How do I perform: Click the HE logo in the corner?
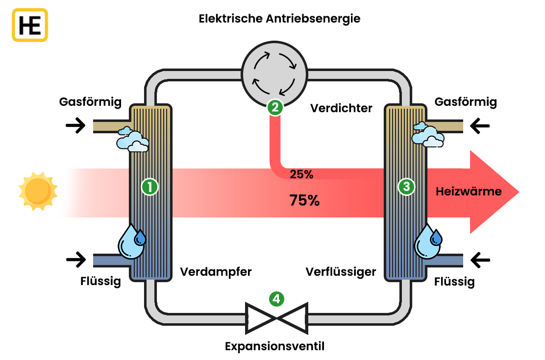30,24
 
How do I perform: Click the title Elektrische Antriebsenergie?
279,19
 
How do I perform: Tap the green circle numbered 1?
149,187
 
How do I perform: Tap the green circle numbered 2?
275,107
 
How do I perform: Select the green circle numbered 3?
406,187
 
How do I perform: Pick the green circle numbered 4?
276,298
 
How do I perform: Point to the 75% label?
304,200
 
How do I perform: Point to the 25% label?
301,174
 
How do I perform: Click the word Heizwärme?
469,192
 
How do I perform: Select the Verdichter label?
341,108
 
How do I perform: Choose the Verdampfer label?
216,271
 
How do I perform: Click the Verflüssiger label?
341,271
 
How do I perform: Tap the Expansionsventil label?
274,346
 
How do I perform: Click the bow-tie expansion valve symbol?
276,317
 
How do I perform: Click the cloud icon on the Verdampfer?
132,140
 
